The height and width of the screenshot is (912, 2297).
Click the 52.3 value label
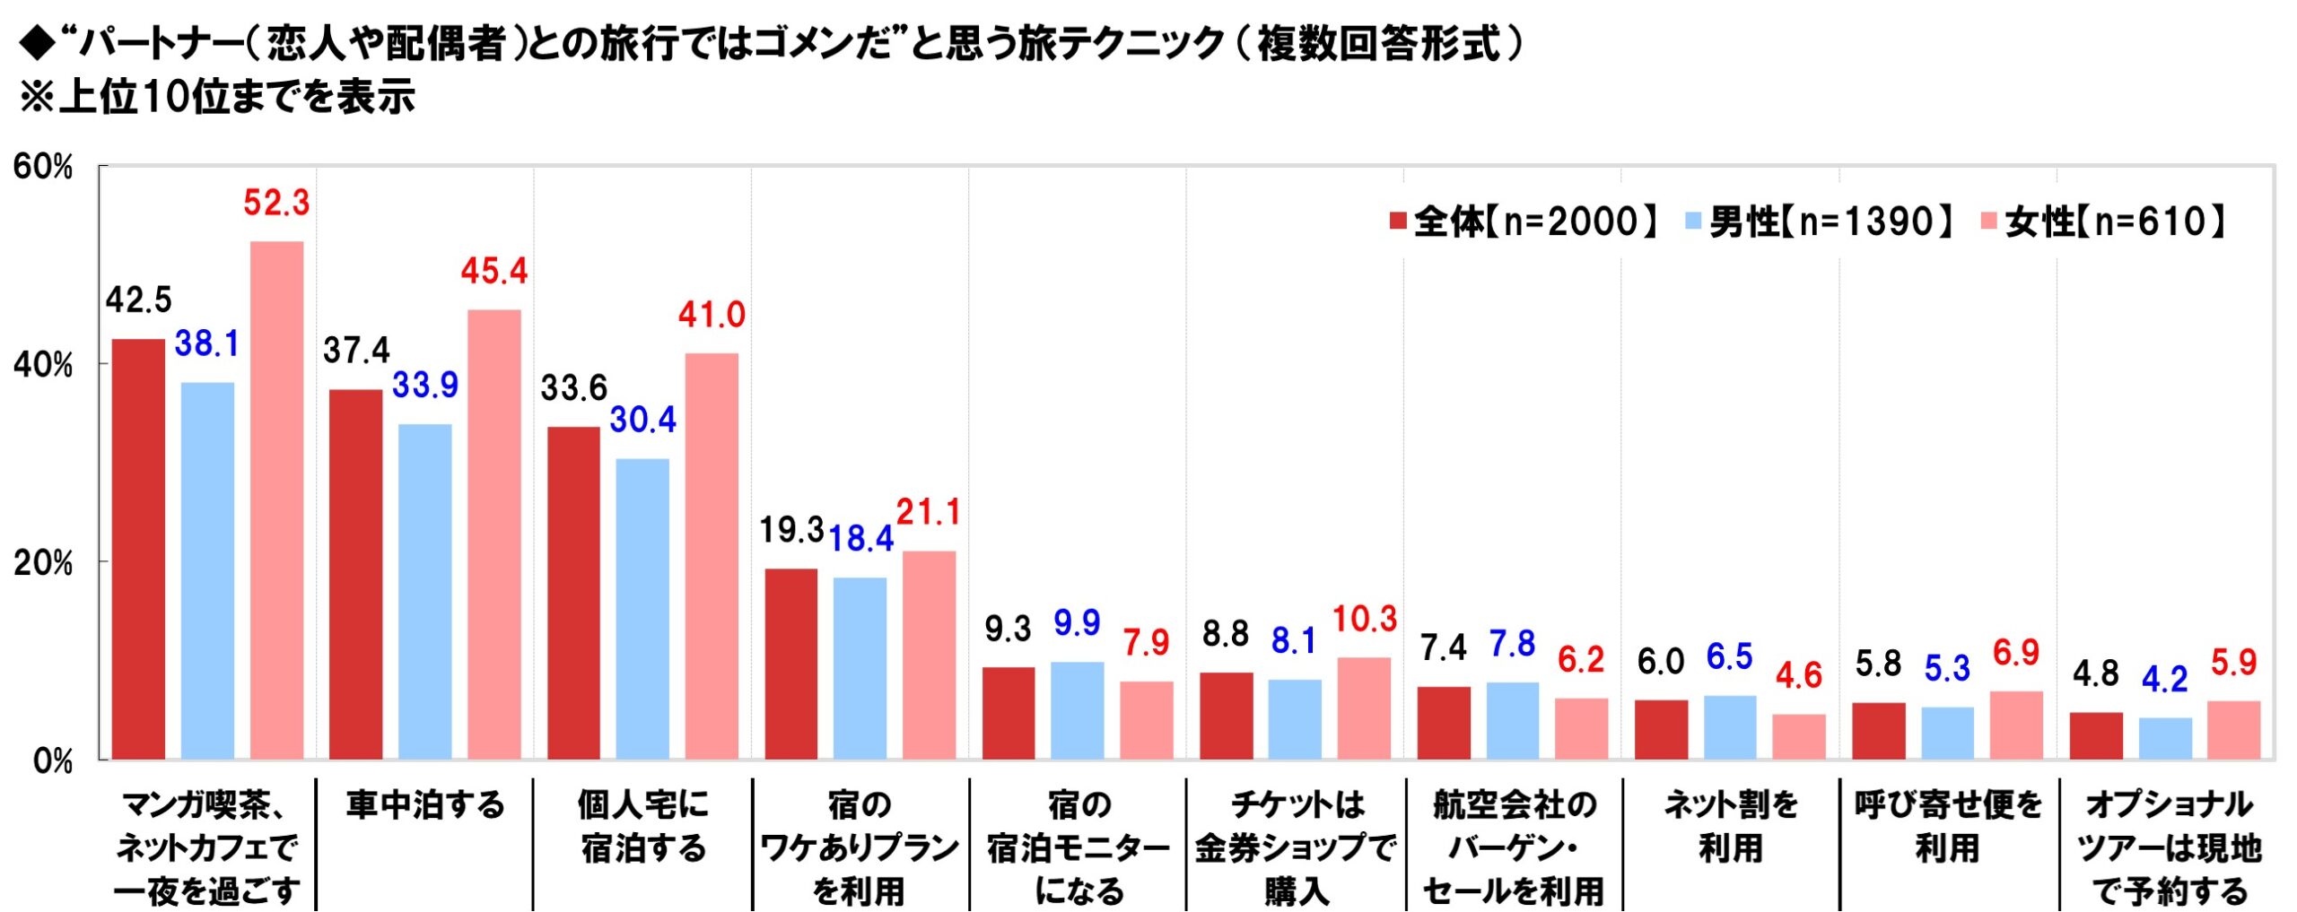click(276, 204)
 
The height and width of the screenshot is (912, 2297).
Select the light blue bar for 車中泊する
click(424, 592)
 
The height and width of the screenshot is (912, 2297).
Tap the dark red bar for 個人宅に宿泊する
click(573, 593)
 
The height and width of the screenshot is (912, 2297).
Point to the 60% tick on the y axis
click(43, 167)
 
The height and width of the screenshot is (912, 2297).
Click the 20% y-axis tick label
click(43, 563)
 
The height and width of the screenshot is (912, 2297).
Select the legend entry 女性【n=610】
click(2104, 221)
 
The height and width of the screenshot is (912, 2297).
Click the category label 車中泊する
click(425, 804)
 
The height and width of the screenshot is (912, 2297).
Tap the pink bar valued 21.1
click(929, 656)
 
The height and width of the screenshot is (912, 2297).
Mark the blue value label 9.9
click(1077, 622)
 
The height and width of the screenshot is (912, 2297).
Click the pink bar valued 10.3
click(1364, 708)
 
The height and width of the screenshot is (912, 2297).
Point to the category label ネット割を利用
click(1731, 826)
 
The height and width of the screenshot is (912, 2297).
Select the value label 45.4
click(494, 271)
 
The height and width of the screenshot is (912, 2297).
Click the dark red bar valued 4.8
click(2096, 736)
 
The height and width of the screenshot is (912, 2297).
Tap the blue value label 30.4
click(642, 420)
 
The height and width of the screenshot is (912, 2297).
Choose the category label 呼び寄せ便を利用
click(1948, 826)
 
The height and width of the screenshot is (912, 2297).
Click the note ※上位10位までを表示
click(217, 97)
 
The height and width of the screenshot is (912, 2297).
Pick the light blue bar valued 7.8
click(1512, 721)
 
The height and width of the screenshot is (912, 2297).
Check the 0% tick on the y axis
click(52, 761)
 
